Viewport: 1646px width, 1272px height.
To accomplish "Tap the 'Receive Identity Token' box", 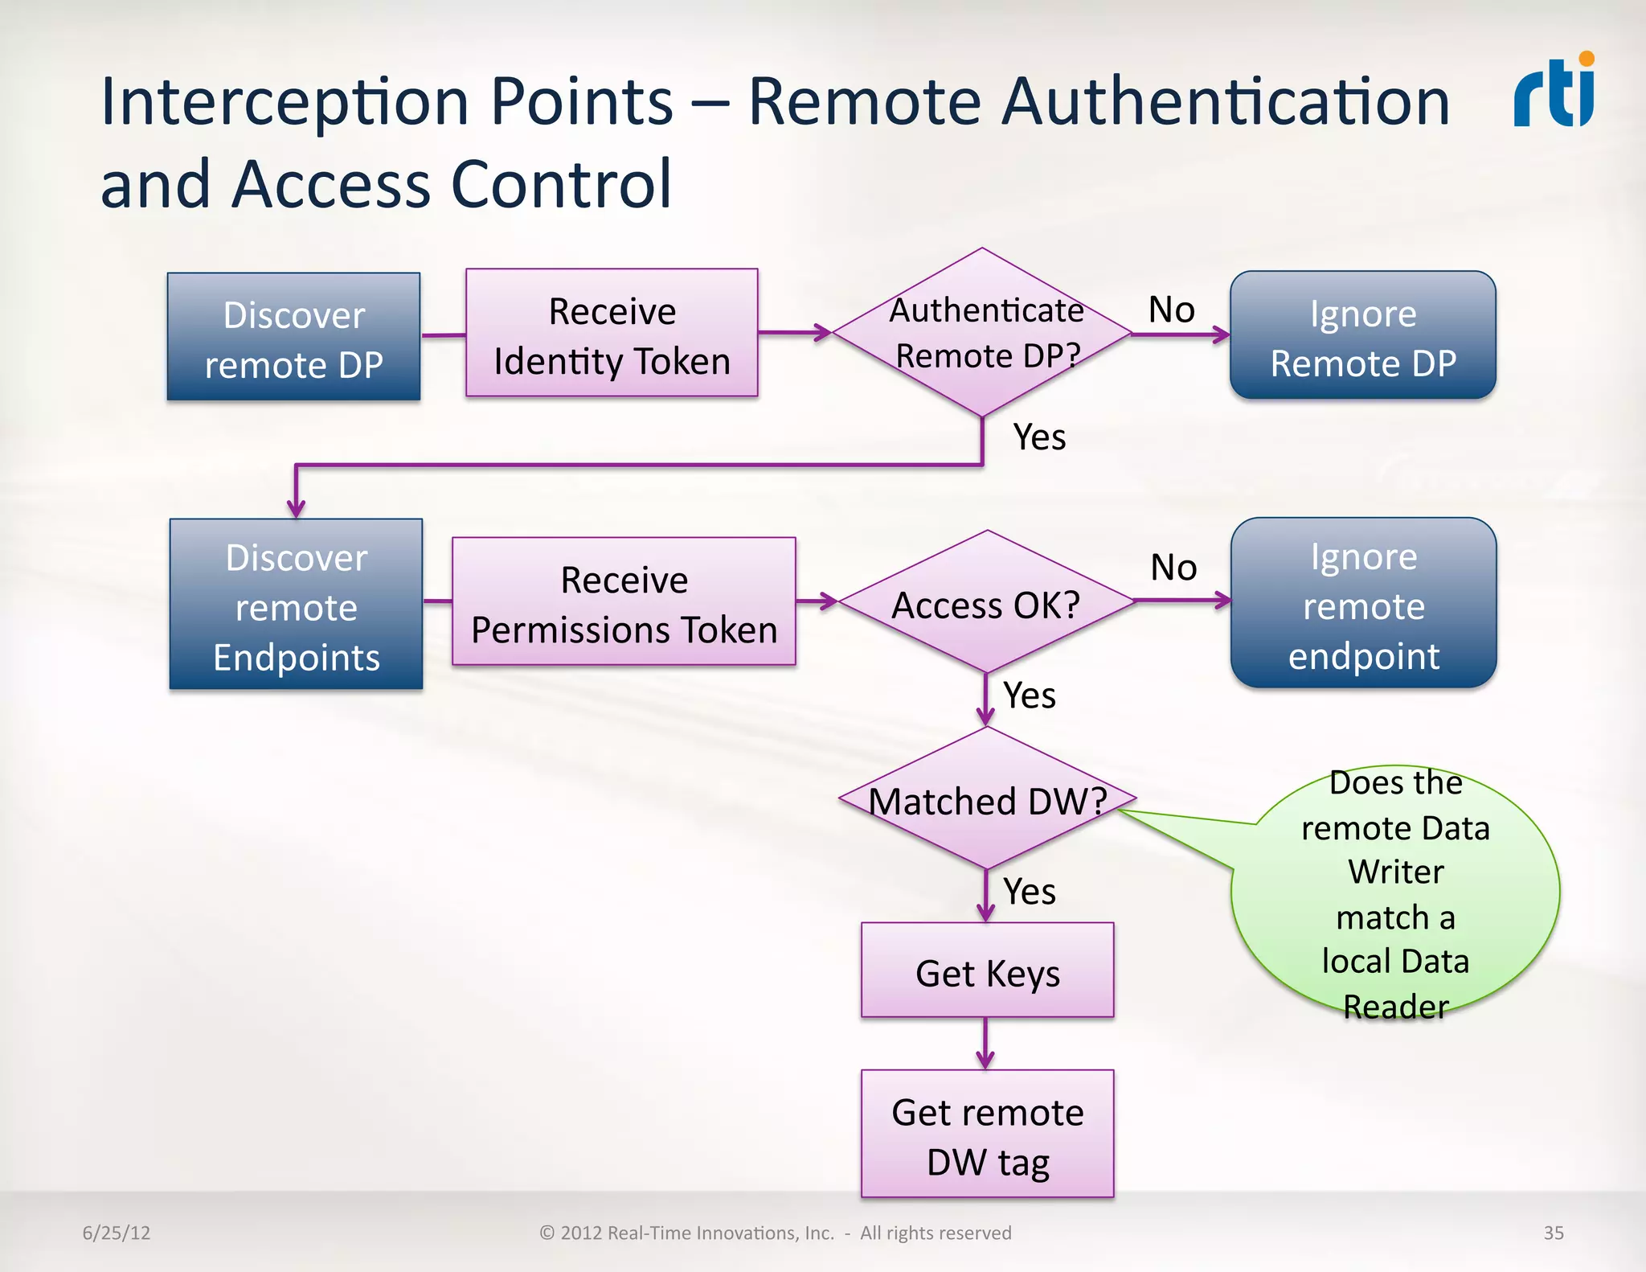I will click(612, 334).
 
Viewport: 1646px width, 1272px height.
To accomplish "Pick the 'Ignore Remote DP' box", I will click(1362, 336).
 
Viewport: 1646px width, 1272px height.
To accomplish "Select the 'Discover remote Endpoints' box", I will click(296, 605).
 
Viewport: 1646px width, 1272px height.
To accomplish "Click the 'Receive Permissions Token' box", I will click(624, 603).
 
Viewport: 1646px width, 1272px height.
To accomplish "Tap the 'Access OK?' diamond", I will click(986, 603).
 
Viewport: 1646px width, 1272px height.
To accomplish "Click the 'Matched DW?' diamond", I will click(987, 800).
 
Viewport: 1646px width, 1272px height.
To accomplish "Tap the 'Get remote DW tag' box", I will click(987, 1135).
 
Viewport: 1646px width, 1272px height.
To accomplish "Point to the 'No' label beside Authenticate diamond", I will click(1171, 310).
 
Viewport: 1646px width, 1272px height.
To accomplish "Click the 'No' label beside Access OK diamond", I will click(1173, 568).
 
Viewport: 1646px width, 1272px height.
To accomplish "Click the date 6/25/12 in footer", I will click(117, 1233).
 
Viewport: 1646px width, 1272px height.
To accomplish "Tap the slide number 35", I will click(1553, 1233).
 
